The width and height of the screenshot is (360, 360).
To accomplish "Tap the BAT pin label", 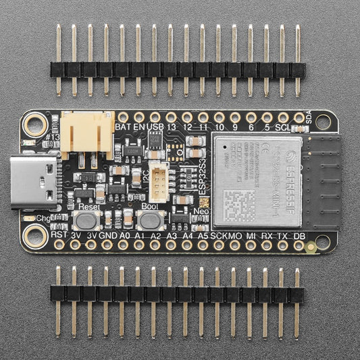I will tap(123, 126).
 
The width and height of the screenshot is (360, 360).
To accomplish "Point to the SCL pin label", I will tap(282, 126).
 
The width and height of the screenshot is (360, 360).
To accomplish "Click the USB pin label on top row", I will tap(155, 126).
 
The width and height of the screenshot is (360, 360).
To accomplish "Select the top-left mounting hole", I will tap(33, 125).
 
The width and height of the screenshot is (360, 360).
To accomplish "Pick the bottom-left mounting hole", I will tap(33, 234).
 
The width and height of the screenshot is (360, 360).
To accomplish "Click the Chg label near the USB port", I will tap(43, 219).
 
